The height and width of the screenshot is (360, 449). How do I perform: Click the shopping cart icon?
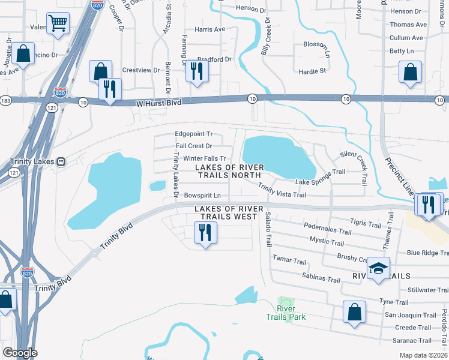(58, 24)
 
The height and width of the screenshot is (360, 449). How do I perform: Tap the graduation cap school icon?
(378, 268)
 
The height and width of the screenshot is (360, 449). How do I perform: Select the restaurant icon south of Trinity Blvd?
(205, 233)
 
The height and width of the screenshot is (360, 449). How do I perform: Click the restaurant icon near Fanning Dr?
(196, 71)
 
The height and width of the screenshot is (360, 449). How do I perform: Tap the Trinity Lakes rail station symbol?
(61, 162)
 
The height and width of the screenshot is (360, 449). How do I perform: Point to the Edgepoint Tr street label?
(193, 134)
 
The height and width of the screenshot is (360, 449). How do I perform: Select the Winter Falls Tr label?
(188, 158)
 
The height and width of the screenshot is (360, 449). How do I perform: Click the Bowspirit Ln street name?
(202, 196)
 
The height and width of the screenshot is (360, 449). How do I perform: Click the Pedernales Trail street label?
(327, 230)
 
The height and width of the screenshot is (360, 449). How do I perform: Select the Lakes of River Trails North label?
(229, 171)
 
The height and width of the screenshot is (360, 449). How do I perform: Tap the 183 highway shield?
(5, 101)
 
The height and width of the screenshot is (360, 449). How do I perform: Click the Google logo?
(19, 353)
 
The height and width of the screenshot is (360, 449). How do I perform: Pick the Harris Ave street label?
(209, 29)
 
